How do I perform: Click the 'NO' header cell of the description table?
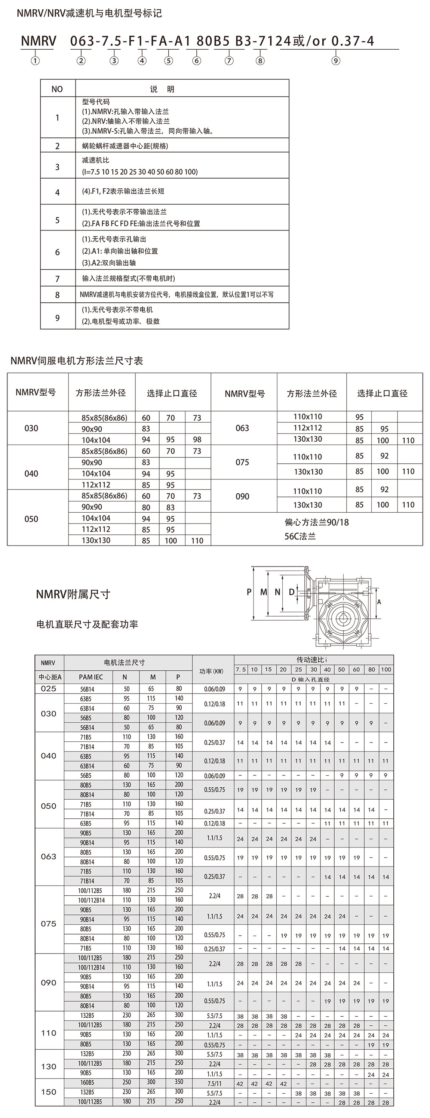(57, 89)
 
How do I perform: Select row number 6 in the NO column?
(57, 252)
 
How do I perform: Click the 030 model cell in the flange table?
(31, 428)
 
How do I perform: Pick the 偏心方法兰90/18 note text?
(317, 522)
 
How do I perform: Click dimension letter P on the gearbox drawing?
(249, 592)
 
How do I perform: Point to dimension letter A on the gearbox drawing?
(379, 602)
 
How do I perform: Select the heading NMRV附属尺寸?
(73, 594)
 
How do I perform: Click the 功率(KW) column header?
(213, 671)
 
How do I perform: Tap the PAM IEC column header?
(91, 677)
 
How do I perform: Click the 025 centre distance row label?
(49, 689)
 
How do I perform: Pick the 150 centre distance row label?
(49, 1091)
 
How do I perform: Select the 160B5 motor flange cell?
(87, 1083)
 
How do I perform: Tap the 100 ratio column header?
(386, 670)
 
